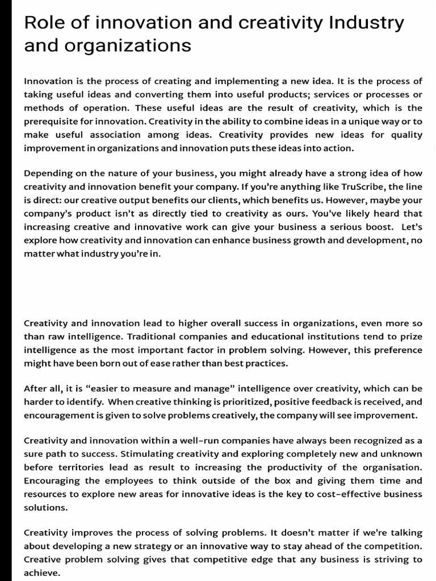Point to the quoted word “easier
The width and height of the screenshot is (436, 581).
click(95, 389)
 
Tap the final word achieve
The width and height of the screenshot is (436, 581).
click(41, 572)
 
